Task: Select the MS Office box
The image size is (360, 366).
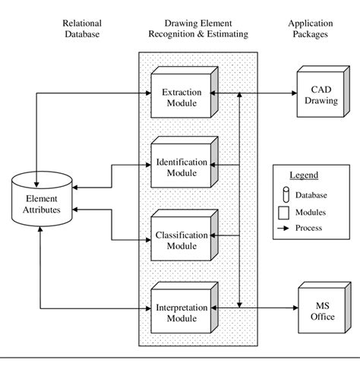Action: pos(321,310)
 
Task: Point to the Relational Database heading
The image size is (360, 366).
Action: pos(82,28)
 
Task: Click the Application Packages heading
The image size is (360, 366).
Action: pos(310,28)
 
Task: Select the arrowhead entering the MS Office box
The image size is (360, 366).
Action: pos(293,308)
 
